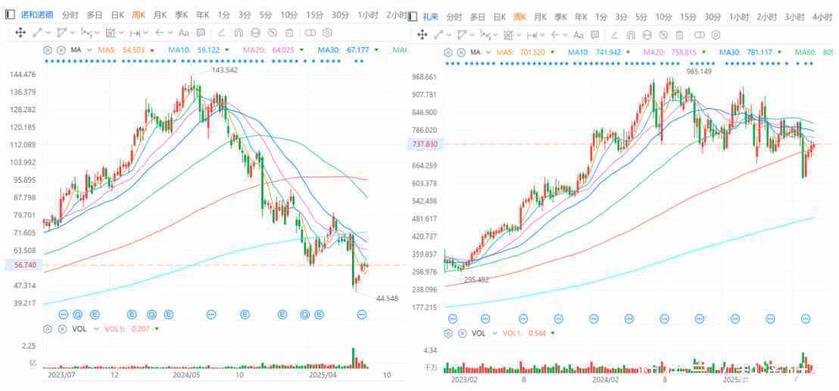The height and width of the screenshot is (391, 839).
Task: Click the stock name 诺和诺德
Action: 37,15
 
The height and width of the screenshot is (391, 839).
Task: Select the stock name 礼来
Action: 430,16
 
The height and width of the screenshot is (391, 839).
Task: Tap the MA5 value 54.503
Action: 133,50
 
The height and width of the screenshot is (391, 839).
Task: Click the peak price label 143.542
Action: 225,70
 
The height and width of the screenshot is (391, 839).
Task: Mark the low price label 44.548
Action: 387,299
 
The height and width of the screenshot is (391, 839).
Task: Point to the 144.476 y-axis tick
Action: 23,74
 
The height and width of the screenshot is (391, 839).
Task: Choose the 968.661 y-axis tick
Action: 425,77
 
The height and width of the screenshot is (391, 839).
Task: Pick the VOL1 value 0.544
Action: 537,333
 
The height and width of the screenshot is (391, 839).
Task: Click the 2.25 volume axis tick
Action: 29,346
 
